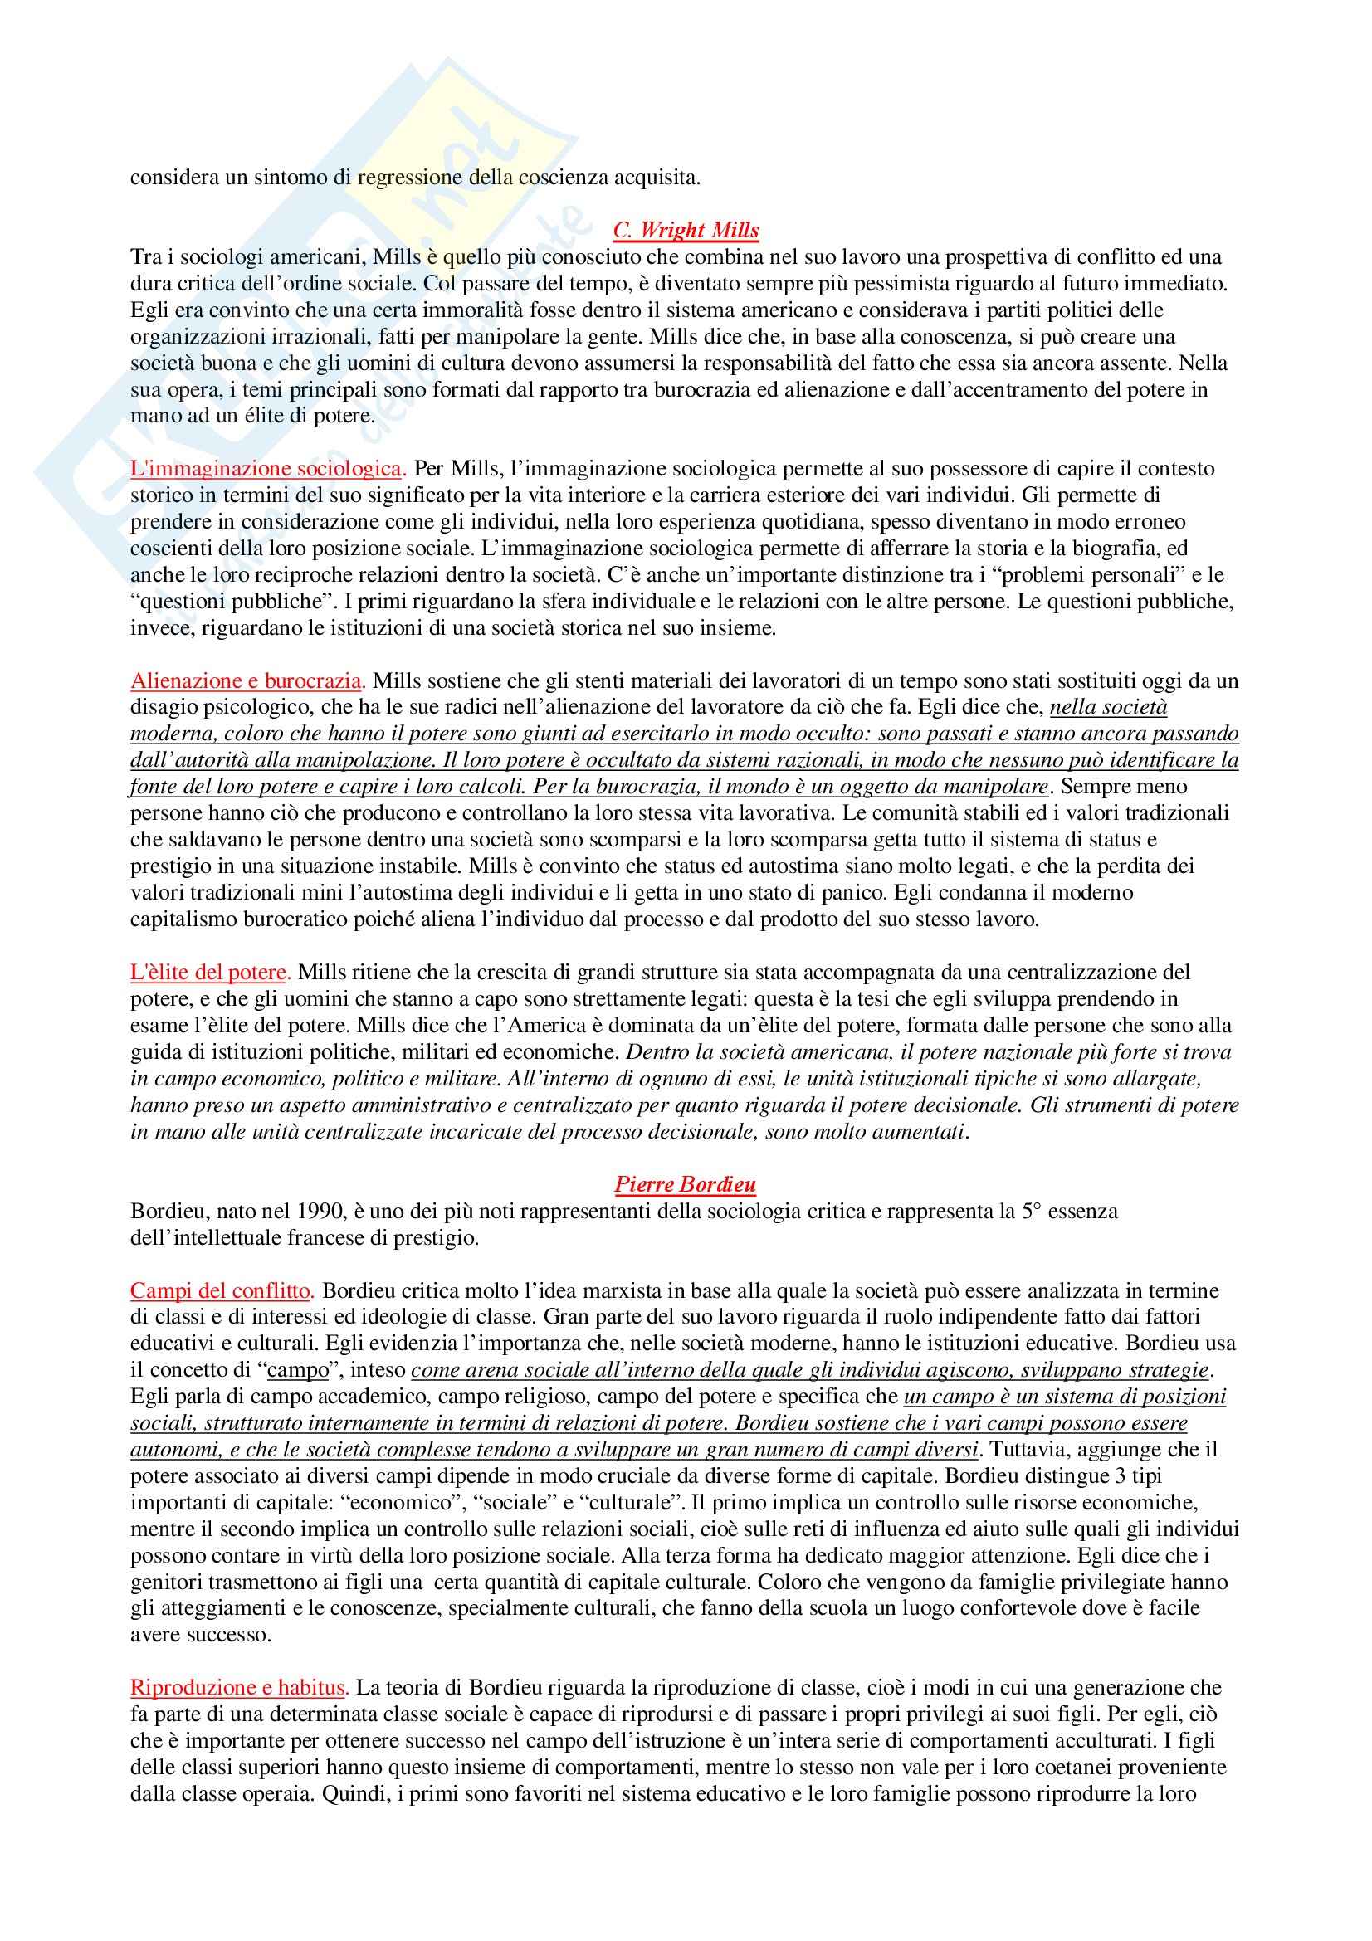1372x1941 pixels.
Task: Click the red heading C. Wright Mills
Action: [x=686, y=230]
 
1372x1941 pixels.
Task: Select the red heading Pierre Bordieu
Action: [x=685, y=1184]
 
